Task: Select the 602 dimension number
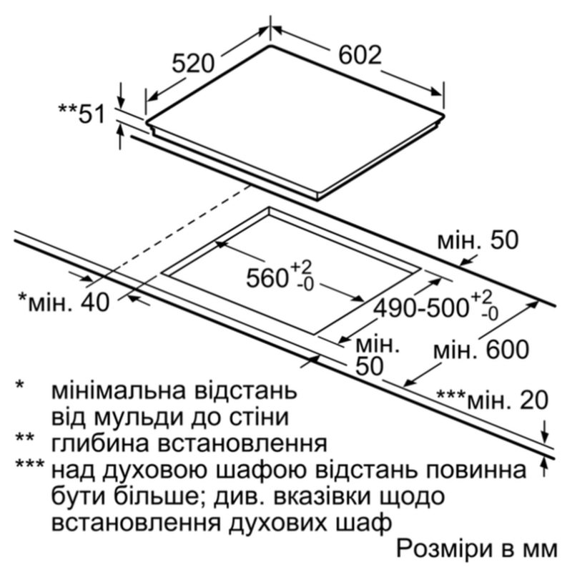coord(360,55)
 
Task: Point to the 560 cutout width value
coord(265,278)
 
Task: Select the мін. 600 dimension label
coord(481,350)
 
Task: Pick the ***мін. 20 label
coord(493,400)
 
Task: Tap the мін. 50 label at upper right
coord(478,240)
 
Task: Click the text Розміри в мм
coord(477,548)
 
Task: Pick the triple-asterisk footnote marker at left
coord(29,464)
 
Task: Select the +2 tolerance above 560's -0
coord(301,269)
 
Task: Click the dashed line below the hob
coord(176,232)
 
